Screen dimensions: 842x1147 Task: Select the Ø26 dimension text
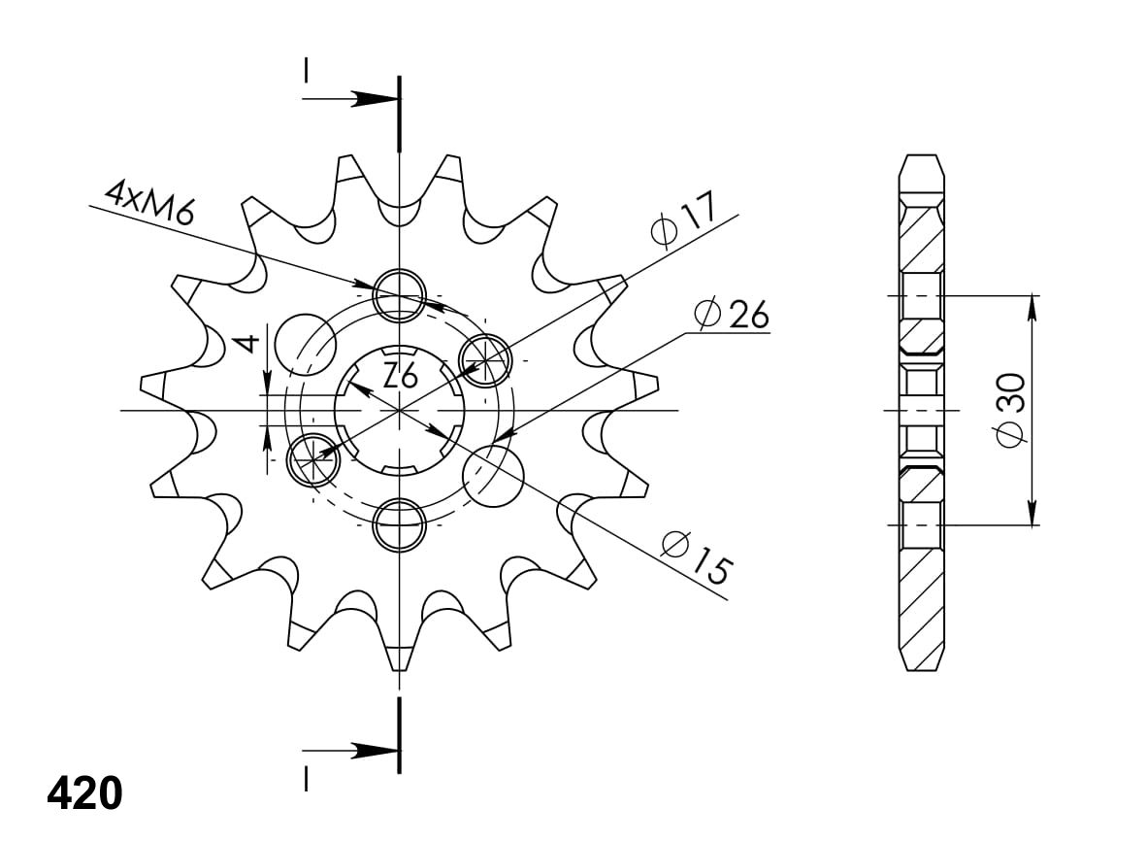point(732,314)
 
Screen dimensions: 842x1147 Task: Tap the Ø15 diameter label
point(695,558)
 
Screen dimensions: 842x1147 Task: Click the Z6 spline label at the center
point(400,375)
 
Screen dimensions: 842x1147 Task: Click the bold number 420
point(84,793)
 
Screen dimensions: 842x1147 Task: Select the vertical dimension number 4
point(248,342)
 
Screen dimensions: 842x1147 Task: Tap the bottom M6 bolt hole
point(400,524)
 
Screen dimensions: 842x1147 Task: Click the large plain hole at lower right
point(493,475)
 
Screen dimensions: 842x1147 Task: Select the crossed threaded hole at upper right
point(486,360)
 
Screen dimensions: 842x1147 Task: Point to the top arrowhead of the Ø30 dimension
point(1032,306)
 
